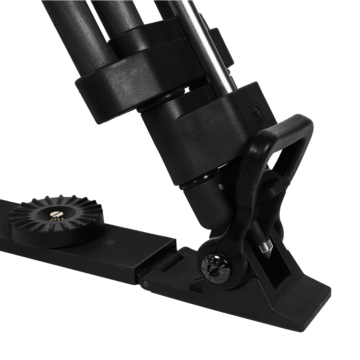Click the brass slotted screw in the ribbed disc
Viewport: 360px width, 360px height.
click(57, 216)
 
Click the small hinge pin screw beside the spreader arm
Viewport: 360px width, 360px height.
click(145, 284)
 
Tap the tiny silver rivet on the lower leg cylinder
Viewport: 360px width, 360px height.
click(221, 187)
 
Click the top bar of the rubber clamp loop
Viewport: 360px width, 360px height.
click(288, 124)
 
